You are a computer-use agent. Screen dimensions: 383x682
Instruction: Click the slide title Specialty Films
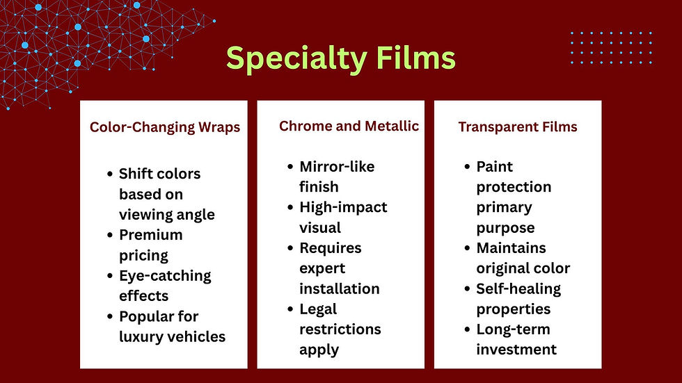pos(340,58)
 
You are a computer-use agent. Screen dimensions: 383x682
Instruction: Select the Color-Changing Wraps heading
pos(165,127)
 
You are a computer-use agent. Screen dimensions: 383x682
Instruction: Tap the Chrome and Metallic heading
pos(349,126)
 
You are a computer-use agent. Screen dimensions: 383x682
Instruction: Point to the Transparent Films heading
pos(518,127)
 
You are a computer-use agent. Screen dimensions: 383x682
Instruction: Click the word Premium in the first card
pos(150,235)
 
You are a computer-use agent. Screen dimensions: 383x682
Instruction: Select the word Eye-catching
pos(165,275)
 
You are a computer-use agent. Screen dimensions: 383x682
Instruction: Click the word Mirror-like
pos(337,167)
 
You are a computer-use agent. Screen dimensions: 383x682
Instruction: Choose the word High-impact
pos(343,207)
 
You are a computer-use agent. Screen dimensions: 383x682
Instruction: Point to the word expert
pos(322,268)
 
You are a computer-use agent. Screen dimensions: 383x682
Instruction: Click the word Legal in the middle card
pos(318,309)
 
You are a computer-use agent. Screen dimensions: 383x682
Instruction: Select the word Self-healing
pos(518,288)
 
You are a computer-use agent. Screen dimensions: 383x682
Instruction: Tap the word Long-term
pos(513,329)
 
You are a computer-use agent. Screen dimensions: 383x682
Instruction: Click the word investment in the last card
pos(516,349)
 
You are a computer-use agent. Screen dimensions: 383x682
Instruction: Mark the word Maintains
pos(511,248)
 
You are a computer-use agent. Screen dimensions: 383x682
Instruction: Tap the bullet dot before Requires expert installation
pos(290,249)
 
